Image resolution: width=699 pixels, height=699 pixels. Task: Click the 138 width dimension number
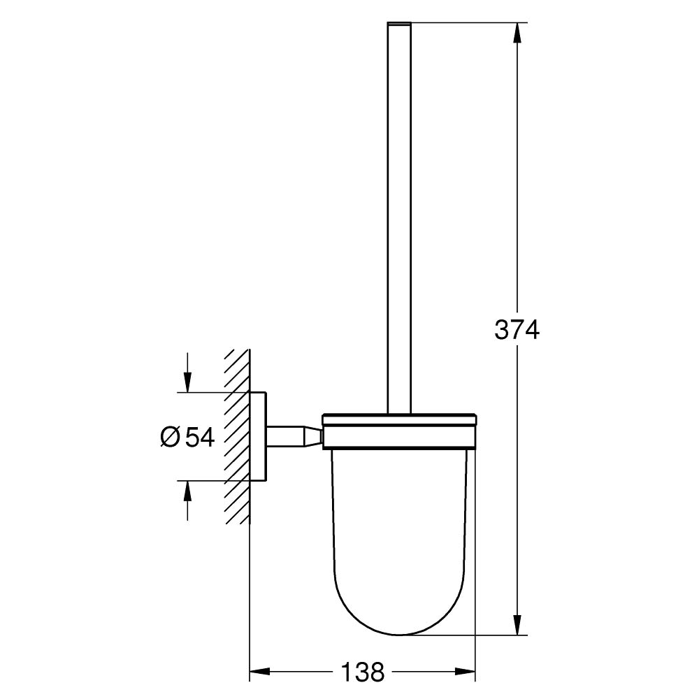[x=363, y=672]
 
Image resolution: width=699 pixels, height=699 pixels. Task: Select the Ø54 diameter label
[x=187, y=437]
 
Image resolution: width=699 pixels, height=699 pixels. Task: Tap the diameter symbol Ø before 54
[x=170, y=437]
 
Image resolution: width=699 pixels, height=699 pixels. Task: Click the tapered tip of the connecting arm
[x=312, y=437]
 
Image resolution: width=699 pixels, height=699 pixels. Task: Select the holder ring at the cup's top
[x=398, y=431]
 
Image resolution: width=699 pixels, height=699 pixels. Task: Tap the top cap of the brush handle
[x=398, y=26]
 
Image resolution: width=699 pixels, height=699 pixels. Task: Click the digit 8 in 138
[x=377, y=672]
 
